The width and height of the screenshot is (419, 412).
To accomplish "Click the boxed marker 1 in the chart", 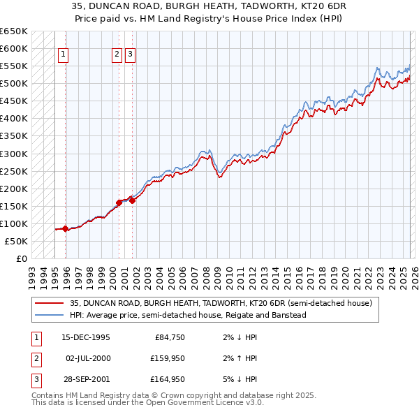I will coord(64,57).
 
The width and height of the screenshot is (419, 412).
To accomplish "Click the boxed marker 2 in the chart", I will coord(117,57).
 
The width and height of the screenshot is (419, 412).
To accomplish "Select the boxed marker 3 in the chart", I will coord(131,57).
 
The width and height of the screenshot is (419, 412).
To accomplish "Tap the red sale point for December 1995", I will coord(65,228).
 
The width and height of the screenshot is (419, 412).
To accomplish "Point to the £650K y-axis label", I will coord(14,31).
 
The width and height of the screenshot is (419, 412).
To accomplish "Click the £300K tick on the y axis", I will coord(14,154).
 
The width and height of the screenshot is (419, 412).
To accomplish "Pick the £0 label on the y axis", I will coord(21,258).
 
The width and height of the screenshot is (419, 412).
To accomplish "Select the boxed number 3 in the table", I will coord(34,379).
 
